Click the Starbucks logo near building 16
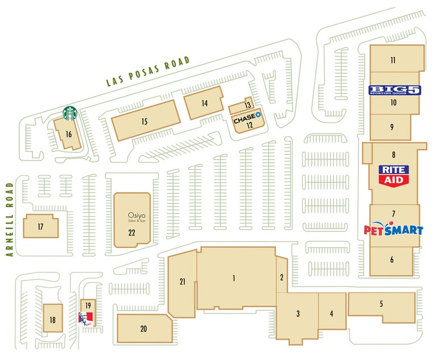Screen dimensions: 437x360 [70, 113]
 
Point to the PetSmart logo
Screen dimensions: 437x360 [394, 230]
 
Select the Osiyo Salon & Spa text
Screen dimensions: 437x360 [132, 218]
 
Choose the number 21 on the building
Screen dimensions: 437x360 [183, 282]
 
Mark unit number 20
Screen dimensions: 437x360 [143, 329]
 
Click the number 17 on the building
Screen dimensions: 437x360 [40, 227]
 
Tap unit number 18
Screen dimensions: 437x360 [52, 321]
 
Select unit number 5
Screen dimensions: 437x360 [381, 304]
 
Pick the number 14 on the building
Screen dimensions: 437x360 [204, 103]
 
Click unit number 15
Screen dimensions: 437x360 [145, 121]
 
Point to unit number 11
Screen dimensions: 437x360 [393, 60]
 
